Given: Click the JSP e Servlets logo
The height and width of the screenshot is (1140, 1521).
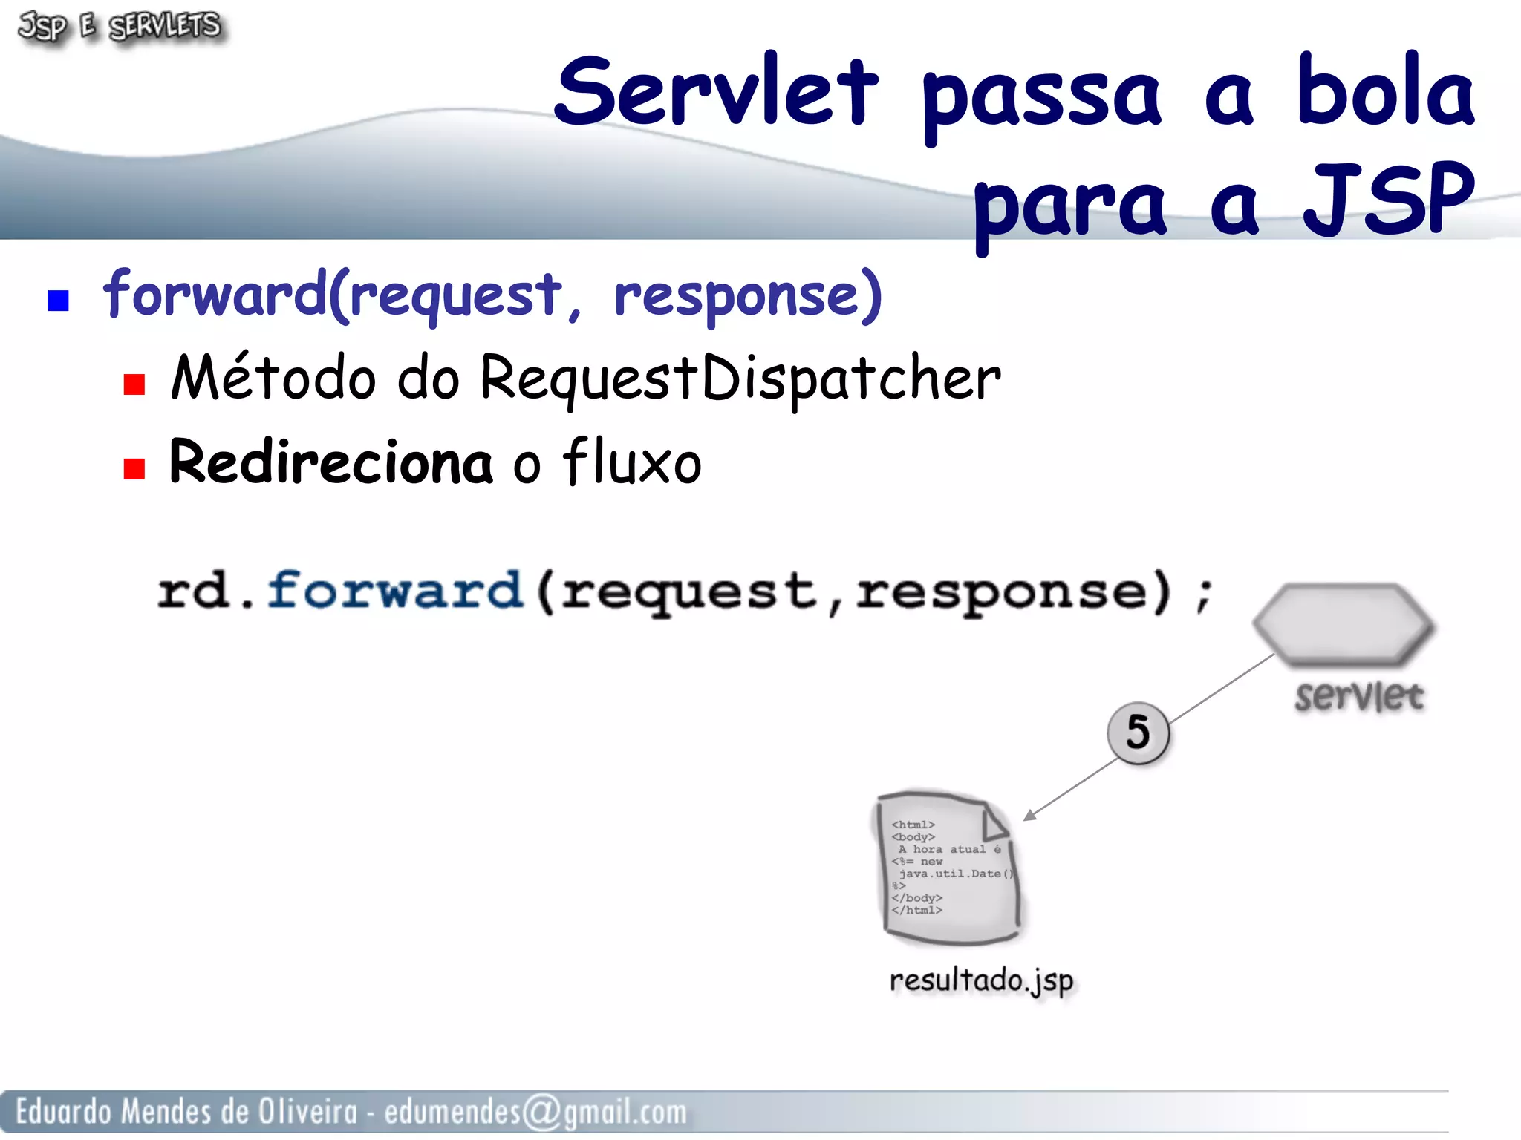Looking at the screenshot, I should [x=119, y=27].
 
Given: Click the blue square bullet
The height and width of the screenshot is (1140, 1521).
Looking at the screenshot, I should [x=58, y=301].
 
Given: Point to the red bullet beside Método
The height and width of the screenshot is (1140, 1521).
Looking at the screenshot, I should [x=134, y=384].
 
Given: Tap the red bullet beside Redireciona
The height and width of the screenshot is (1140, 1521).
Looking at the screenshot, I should [x=134, y=469].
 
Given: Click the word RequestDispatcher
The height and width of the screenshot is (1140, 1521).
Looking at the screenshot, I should [x=740, y=379].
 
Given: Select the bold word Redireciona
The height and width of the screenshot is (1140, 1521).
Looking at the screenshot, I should [x=330, y=462].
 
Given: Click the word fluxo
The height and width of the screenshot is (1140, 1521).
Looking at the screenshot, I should [x=632, y=462].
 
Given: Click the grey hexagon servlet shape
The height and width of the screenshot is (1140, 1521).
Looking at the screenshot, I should [x=1344, y=623].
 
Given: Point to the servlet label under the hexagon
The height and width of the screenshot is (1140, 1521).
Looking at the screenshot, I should [x=1358, y=696].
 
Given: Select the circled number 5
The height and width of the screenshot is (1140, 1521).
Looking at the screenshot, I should [x=1138, y=732].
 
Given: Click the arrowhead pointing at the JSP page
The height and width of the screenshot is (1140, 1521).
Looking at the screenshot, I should [x=1029, y=816].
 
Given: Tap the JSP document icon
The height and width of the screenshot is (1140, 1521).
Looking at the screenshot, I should [x=946, y=868].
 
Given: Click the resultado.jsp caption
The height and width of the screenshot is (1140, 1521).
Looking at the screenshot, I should [x=981, y=980].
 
